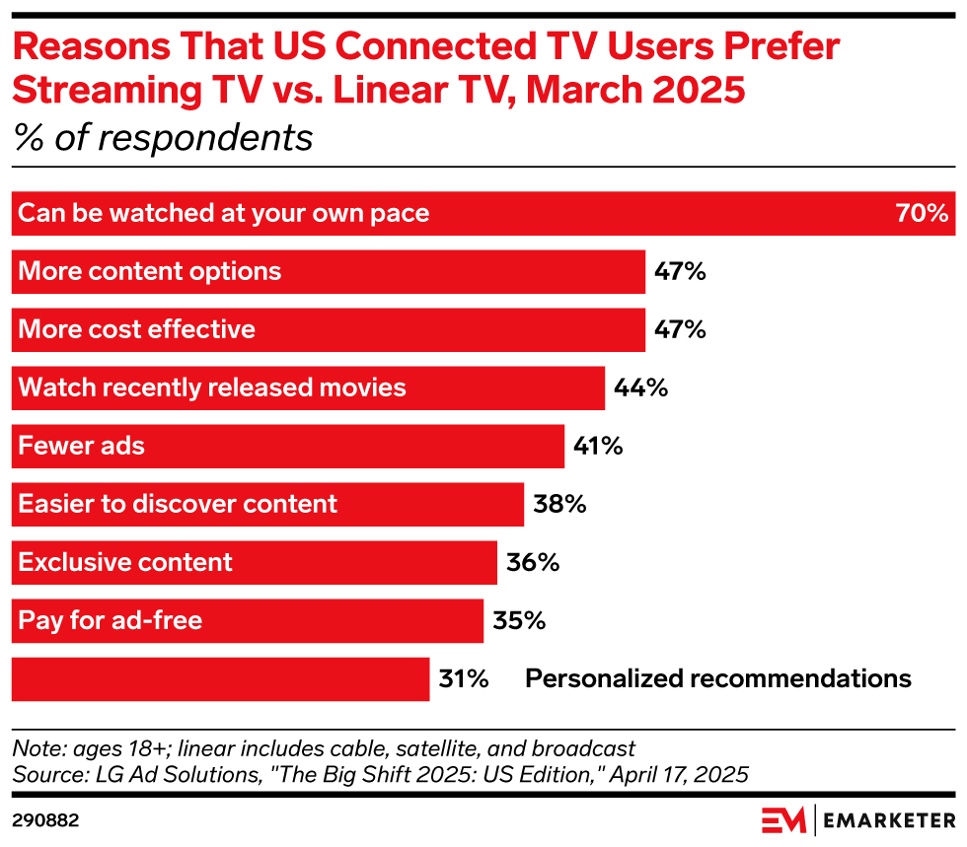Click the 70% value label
tap(922, 213)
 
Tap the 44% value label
tap(641, 388)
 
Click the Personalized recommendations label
tap(717, 678)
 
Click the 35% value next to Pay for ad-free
tap(519, 621)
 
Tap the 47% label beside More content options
tap(680, 271)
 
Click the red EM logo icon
tap(783, 819)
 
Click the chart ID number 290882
tap(45, 819)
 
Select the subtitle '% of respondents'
tap(163, 138)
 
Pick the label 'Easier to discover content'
tap(179, 504)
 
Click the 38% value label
tap(559, 505)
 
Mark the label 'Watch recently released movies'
tap(212, 388)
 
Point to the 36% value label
tap(533, 563)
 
